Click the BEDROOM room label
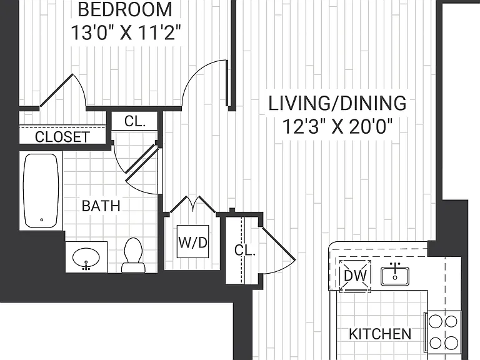(x=125, y=9)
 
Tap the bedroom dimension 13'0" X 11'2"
(x=126, y=32)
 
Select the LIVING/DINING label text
(x=337, y=103)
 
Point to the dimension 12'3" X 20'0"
(x=337, y=126)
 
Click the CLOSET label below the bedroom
(x=62, y=137)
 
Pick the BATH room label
(x=101, y=206)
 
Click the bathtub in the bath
(x=41, y=191)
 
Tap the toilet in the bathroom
(x=133, y=255)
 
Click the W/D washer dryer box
(x=193, y=241)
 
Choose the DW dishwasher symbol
(x=355, y=276)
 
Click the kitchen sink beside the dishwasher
(x=395, y=276)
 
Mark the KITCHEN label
(x=380, y=334)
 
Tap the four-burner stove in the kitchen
(x=442, y=331)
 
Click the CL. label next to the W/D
(x=245, y=251)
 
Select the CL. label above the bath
(x=135, y=121)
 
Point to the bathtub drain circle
(x=42, y=219)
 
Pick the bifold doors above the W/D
(x=193, y=204)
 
